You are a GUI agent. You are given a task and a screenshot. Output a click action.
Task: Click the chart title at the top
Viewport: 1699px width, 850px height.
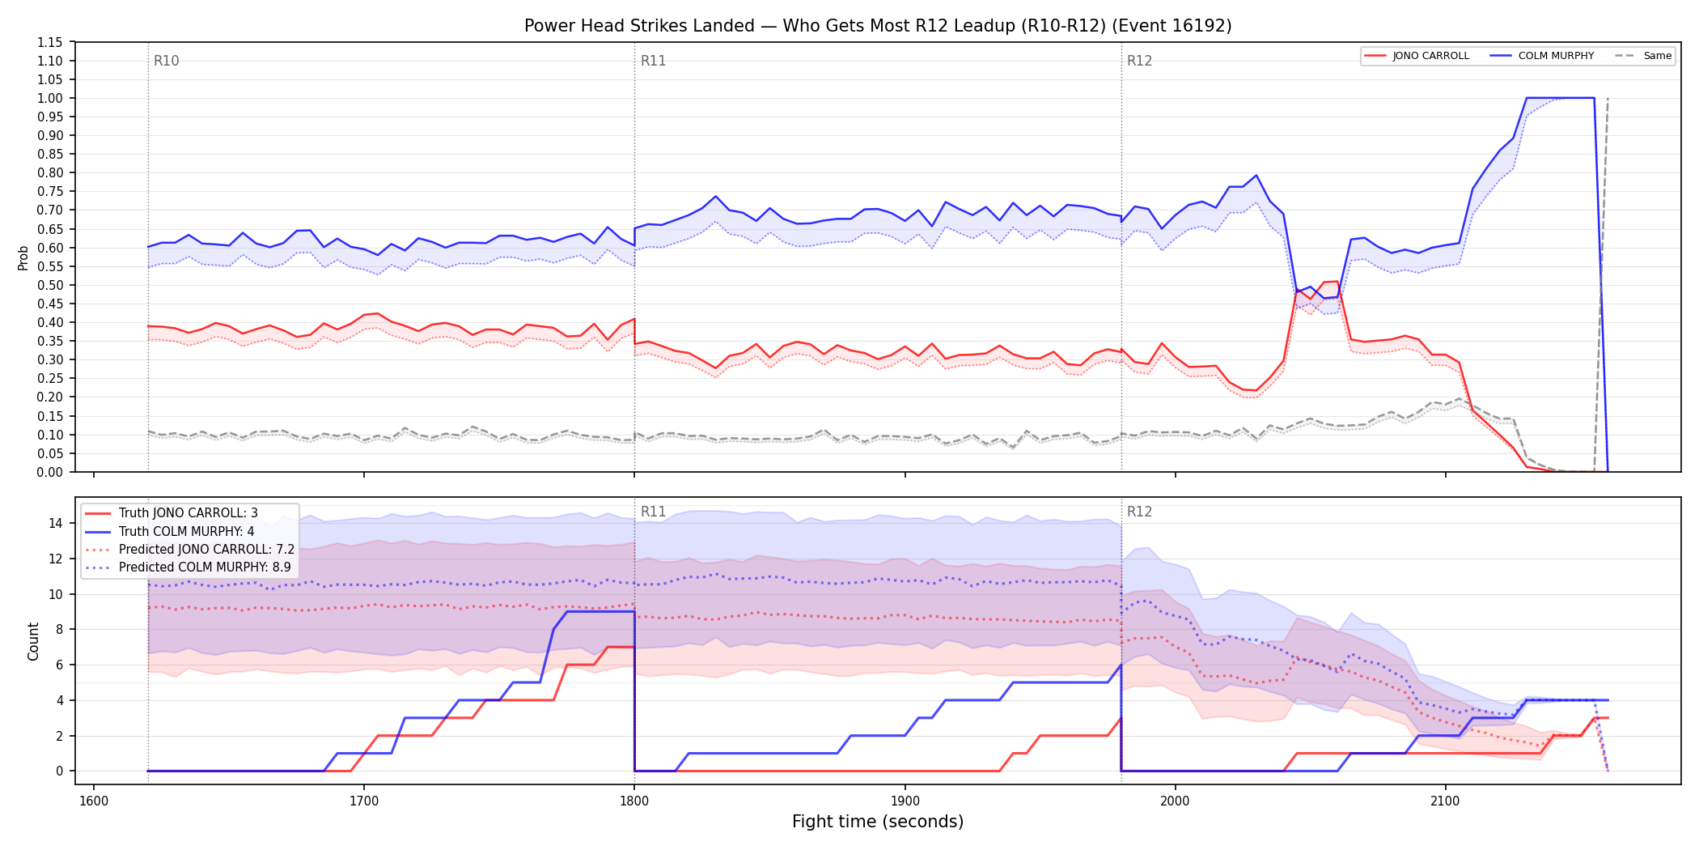tap(878, 26)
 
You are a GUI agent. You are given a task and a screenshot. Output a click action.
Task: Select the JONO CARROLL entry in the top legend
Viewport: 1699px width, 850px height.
tap(1417, 56)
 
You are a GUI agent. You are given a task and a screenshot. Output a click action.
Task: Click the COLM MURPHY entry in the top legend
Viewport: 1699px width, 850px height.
tap(1542, 56)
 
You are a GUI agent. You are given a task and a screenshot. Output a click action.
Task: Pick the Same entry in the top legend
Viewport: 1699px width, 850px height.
tap(1643, 56)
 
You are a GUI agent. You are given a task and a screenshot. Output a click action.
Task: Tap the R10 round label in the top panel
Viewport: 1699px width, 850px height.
tap(167, 61)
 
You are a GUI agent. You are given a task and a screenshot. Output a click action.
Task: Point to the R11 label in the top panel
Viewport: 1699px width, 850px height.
tap(653, 61)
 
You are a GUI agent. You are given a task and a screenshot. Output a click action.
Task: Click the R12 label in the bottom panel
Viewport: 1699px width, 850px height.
tap(1139, 512)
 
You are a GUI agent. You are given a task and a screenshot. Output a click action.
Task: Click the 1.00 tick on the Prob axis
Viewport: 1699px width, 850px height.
tap(50, 98)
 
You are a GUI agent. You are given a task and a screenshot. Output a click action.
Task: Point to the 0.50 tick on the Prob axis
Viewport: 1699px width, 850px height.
tap(50, 285)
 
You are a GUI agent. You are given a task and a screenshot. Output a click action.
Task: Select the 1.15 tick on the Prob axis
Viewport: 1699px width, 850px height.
tap(50, 42)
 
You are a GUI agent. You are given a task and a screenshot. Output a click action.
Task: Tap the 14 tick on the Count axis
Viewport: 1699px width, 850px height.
tap(56, 523)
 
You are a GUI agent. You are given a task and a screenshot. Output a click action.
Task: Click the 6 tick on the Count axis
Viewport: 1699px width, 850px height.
tap(59, 665)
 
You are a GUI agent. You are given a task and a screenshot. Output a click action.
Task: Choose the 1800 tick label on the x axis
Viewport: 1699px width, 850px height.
tap(634, 801)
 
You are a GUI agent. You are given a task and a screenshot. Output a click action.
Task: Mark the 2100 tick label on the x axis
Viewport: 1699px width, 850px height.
tap(1445, 801)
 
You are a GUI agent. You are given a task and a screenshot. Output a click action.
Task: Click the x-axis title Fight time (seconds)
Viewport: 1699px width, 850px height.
tap(878, 822)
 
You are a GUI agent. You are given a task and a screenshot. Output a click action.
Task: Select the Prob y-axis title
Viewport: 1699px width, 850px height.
tap(23, 257)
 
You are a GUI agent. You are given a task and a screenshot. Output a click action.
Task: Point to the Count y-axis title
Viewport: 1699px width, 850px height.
tap(33, 641)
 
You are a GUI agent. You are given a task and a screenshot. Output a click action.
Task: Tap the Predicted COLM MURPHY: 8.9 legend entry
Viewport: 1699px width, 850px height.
tap(188, 567)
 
